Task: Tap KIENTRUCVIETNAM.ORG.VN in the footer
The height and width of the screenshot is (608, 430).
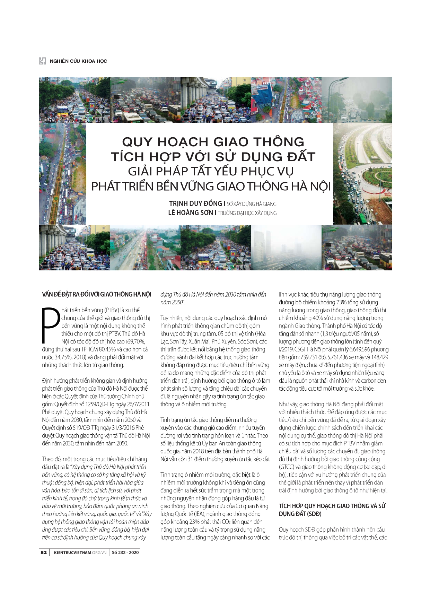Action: [x=80, y=553]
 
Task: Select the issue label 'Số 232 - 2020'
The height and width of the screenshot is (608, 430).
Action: [x=125, y=553]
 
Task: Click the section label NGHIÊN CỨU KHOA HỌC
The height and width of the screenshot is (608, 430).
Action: [x=78, y=61]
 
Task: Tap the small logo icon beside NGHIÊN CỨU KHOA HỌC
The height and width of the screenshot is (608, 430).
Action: [x=42, y=61]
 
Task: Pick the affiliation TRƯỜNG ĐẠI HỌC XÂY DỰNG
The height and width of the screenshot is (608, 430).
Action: [x=247, y=213]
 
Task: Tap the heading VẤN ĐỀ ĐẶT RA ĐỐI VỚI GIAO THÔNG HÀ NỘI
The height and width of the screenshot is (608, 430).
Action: [x=97, y=294]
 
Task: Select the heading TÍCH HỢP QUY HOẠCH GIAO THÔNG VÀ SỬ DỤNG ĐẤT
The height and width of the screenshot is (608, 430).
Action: [x=332, y=510]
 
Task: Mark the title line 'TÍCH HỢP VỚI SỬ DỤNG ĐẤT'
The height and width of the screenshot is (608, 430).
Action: [x=213, y=157]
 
